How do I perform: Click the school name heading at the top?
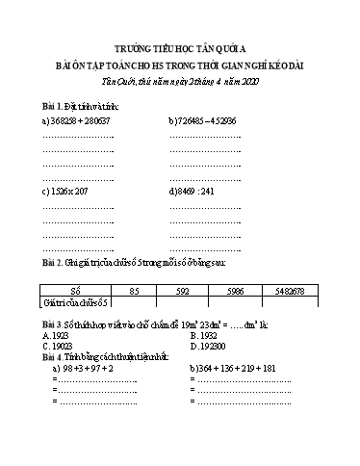coord(180,46)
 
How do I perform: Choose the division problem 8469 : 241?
coord(196,191)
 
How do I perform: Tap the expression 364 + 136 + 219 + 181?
coord(231,368)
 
